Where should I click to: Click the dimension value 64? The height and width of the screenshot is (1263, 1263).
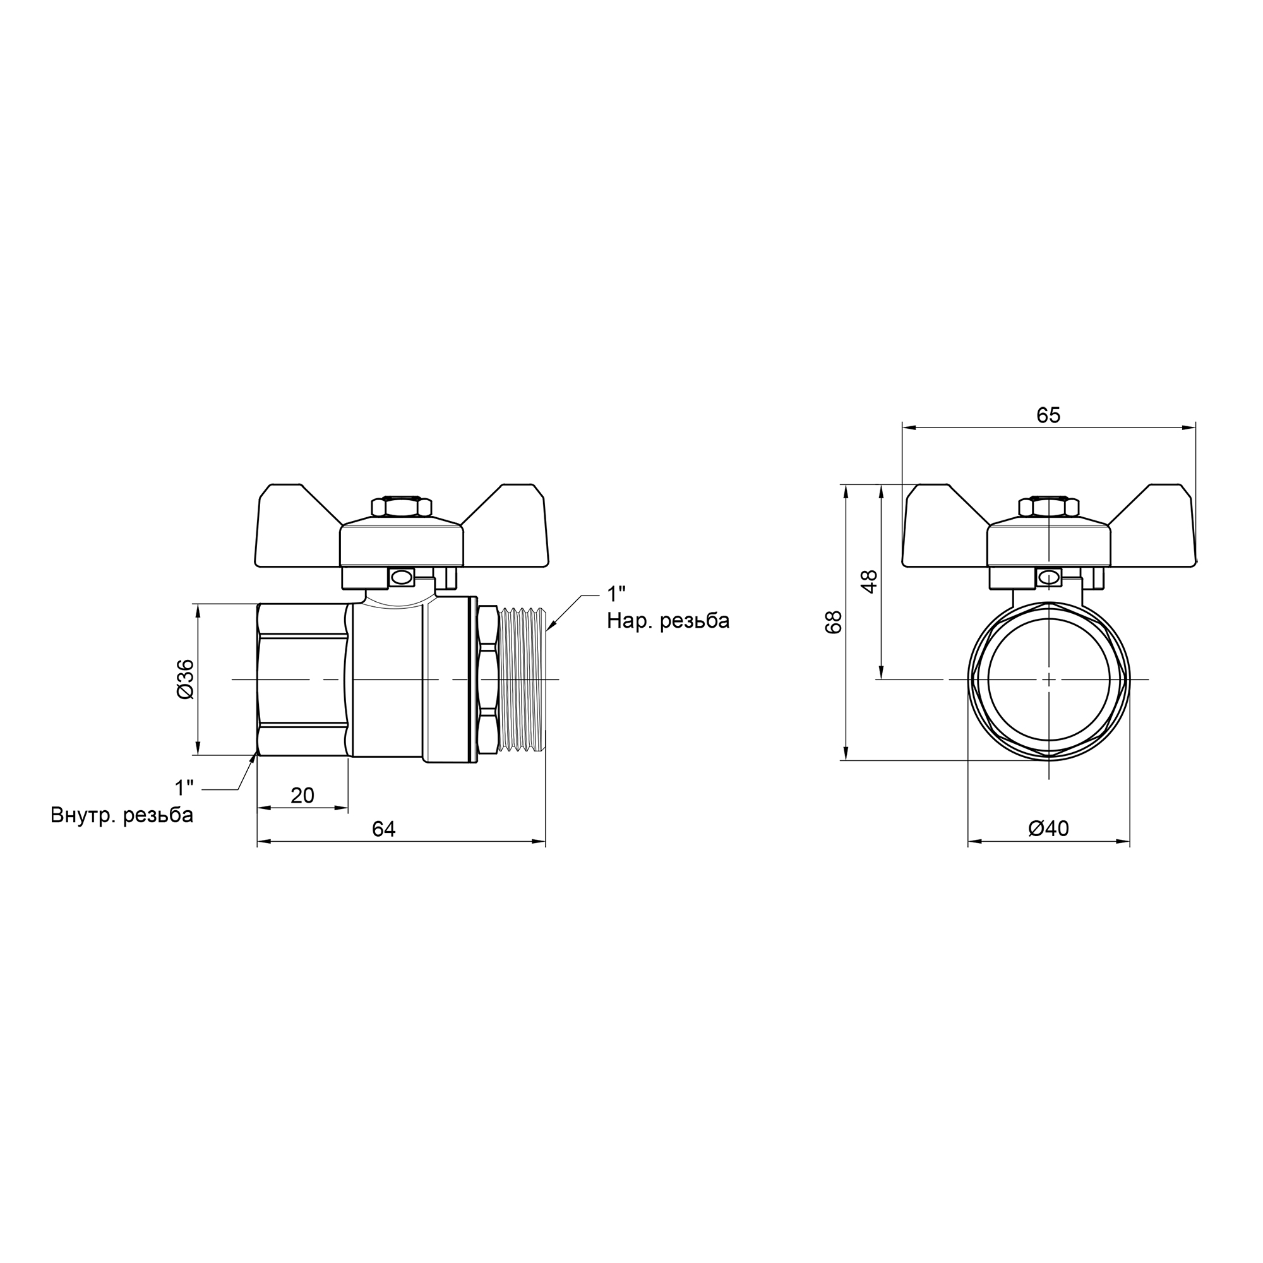384,829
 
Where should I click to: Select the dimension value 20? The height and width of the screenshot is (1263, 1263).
302,796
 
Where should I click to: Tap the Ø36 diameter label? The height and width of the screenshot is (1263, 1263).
186,679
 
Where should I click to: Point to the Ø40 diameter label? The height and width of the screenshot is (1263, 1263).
1048,829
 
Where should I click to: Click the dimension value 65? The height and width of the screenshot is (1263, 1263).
1048,415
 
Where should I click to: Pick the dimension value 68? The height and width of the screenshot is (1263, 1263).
834,623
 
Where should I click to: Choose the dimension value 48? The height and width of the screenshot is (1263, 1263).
869,581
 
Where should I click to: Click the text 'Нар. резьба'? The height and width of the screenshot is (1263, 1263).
668,620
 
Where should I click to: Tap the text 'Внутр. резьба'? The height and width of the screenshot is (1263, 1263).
123,815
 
